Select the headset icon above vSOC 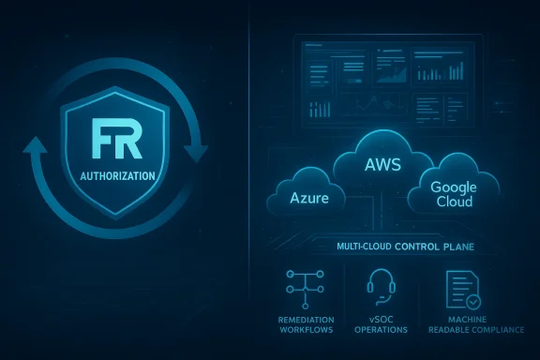381,285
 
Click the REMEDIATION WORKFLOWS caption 306,324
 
